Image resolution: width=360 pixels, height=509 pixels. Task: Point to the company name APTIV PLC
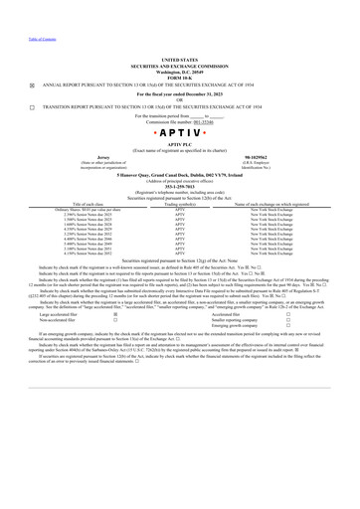coord(179,144)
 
